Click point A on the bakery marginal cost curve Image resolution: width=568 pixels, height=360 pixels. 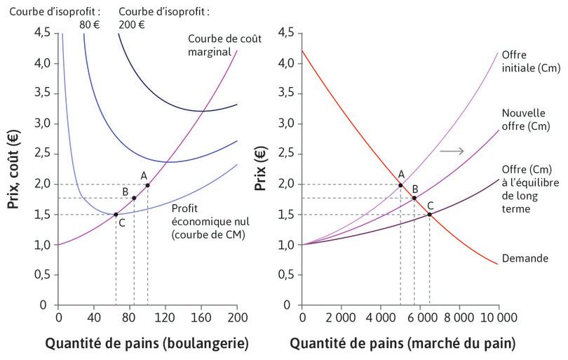[147, 185]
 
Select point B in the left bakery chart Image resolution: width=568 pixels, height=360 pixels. [134, 198]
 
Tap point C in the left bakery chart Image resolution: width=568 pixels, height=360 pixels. [116, 214]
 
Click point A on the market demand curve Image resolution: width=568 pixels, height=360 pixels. [400, 185]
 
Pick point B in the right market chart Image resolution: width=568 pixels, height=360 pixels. [414, 198]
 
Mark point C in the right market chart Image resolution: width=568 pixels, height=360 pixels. [429, 214]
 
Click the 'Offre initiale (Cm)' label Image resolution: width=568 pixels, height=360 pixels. [524, 61]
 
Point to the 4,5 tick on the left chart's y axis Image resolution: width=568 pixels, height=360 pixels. [42, 32]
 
